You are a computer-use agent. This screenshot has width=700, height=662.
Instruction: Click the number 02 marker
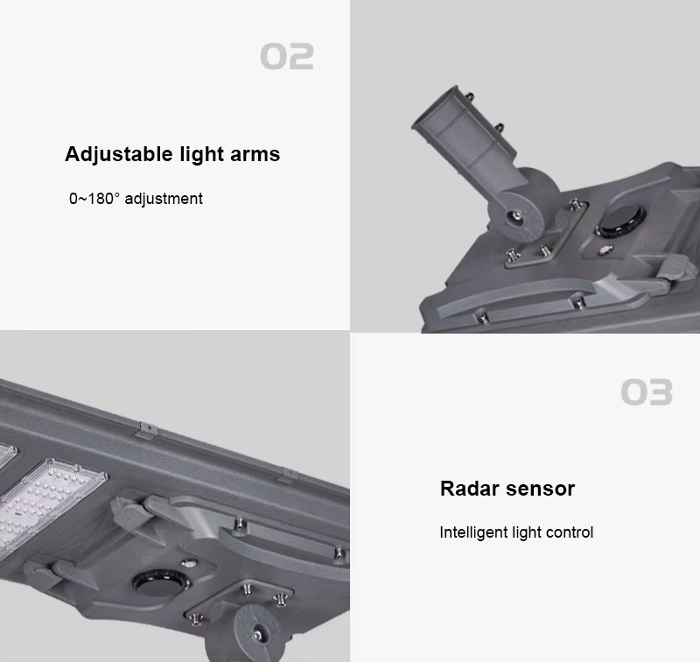287,56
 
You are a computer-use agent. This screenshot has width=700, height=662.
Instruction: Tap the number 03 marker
647,392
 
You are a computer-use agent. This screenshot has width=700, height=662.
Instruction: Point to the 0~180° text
94,198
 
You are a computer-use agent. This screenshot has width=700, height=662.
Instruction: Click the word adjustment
164,199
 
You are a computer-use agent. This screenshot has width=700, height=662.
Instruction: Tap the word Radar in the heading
470,489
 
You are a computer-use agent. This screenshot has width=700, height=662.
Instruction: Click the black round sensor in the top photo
621,222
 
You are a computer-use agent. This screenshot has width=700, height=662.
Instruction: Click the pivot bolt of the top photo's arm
517,216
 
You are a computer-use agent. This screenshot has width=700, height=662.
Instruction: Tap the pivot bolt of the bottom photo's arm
257,634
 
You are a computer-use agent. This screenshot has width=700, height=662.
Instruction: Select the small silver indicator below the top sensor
605,250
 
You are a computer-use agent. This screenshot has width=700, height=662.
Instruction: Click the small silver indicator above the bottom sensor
189,564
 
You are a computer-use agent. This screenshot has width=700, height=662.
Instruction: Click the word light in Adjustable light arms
201,155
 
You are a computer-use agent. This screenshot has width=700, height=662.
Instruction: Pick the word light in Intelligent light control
527,532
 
